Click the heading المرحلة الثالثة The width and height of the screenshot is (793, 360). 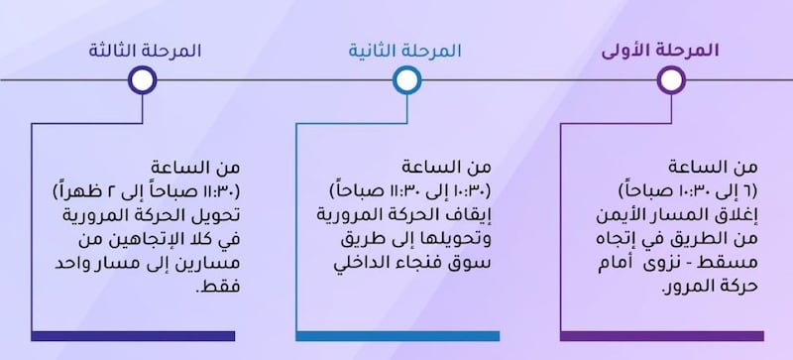point(144,50)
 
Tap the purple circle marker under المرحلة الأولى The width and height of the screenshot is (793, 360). point(672,79)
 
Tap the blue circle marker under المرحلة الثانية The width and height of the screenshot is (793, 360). point(405,79)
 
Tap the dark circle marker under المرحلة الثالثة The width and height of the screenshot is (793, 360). point(143,79)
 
